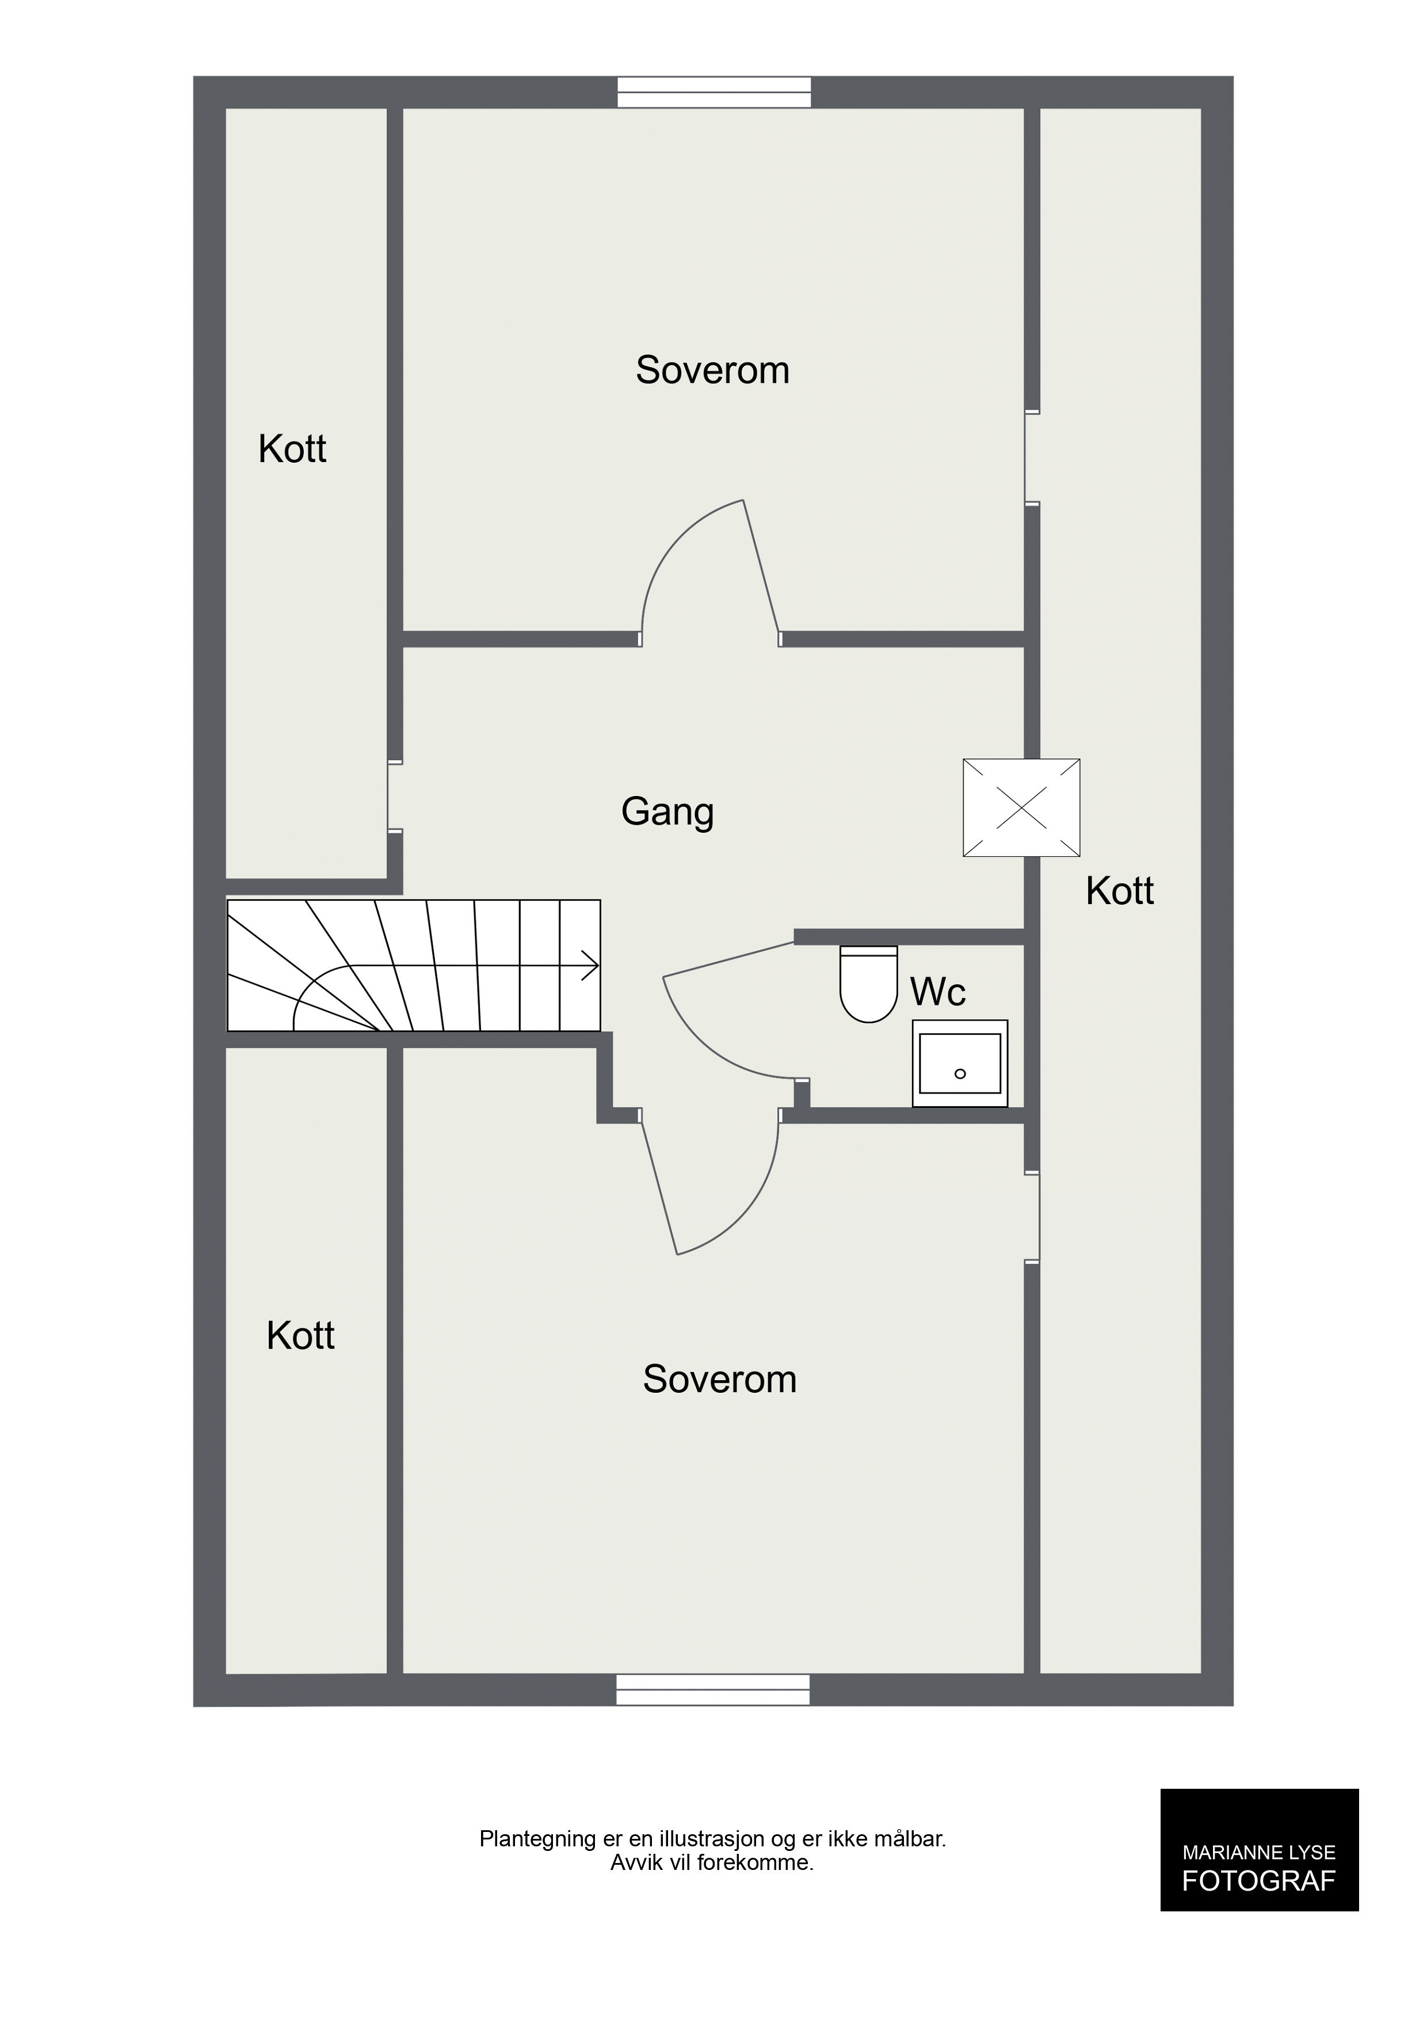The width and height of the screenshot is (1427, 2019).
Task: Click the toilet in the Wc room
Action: (869, 984)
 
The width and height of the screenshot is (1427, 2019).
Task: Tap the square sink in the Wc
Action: (960, 1063)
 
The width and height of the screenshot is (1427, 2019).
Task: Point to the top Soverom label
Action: (712, 370)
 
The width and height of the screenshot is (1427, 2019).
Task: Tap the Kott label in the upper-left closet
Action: (292, 449)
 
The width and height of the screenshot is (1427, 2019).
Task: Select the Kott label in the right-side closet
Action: (1119, 891)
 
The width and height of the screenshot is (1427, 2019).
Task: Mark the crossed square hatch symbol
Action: (1022, 807)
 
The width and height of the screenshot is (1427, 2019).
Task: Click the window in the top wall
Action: (714, 92)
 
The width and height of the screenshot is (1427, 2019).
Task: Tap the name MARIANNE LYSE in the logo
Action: (1259, 1852)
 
